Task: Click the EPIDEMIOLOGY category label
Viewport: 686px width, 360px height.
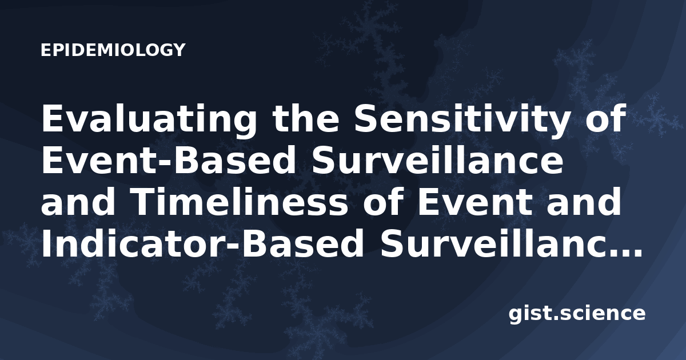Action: [113, 50]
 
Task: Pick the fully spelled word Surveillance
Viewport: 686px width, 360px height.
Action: [437, 160]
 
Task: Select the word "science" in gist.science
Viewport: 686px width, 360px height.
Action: [602, 314]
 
